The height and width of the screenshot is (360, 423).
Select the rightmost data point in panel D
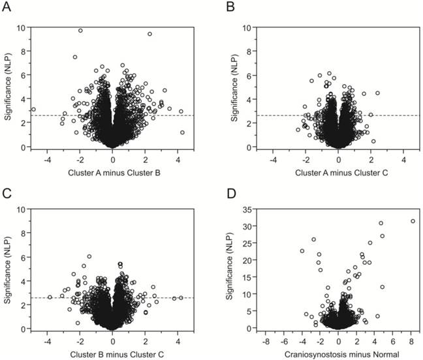coord(412,221)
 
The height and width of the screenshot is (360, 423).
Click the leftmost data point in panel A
coord(33,110)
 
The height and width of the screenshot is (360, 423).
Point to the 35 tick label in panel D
coord(249,209)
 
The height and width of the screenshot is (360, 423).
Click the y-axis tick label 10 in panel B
coord(249,28)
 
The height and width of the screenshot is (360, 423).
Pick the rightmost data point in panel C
coord(181,297)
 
